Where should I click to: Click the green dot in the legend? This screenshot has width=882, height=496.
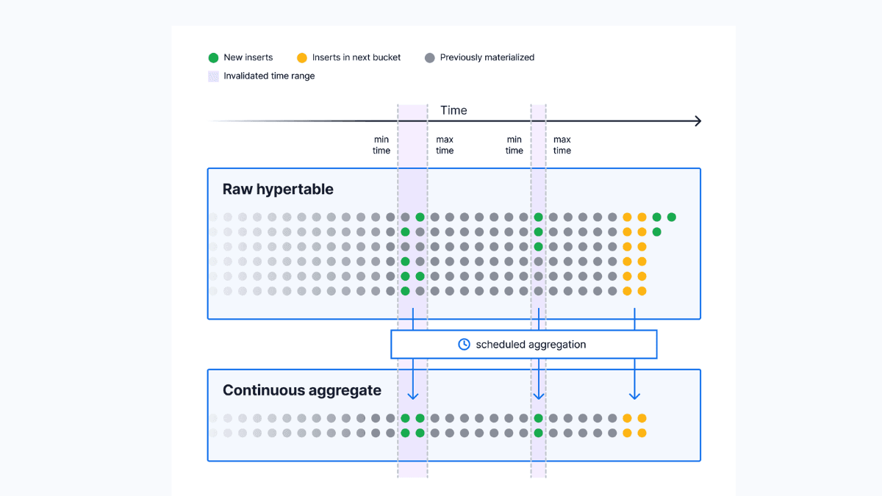coord(213,57)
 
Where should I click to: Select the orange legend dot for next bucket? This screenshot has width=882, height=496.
coord(301,57)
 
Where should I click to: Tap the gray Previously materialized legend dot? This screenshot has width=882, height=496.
coord(430,57)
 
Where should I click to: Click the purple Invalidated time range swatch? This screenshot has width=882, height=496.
coord(213,76)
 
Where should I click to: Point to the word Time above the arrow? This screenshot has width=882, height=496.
coord(453,110)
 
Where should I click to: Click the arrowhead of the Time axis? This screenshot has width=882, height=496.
coord(698,121)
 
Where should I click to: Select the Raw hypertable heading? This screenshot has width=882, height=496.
coord(278,189)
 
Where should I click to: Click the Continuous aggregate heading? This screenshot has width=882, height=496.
coord(301,390)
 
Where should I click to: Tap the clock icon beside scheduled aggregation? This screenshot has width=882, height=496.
coord(464,344)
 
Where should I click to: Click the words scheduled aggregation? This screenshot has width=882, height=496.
coord(531,344)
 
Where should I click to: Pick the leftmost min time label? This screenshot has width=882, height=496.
coord(381,145)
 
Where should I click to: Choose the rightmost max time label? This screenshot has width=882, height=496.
coord(562,145)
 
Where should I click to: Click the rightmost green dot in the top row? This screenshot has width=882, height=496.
coord(671,217)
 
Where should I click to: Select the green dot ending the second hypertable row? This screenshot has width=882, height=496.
coord(656,232)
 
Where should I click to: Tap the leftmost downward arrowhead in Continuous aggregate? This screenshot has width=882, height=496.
coord(413,396)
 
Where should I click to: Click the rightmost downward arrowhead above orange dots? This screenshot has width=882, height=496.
coord(634,396)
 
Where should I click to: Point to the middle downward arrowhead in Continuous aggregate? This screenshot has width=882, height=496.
coord(539,396)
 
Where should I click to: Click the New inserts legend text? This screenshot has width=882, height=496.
coord(248,57)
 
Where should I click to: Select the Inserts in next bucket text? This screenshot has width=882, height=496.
coord(356,57)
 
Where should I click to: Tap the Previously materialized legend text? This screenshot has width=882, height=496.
coord(487,57)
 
